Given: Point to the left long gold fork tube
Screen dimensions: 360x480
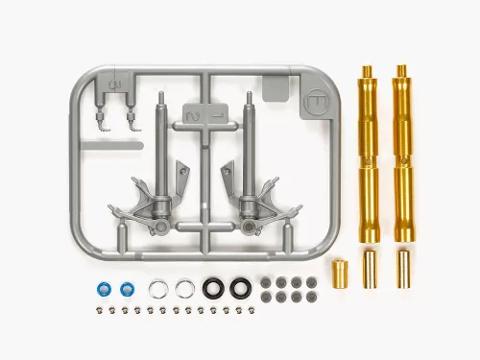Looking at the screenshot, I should point(368,155).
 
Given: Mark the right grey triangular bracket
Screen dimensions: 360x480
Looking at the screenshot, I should point(234,183).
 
